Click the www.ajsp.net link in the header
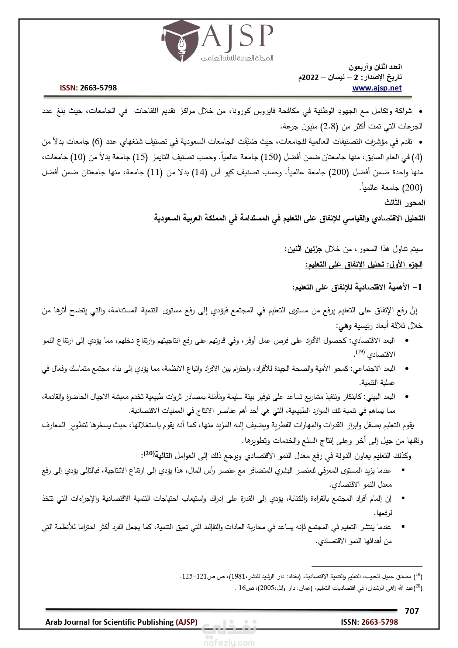(x=377, y=88)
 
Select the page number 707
(x=411, y=611)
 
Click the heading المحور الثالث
(x=404, y=203)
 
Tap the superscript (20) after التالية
(x=149, y=453)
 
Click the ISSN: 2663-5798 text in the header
(x=88, y=88)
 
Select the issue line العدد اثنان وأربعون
(x=375, y=67)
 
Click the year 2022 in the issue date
(x=310, y=78)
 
